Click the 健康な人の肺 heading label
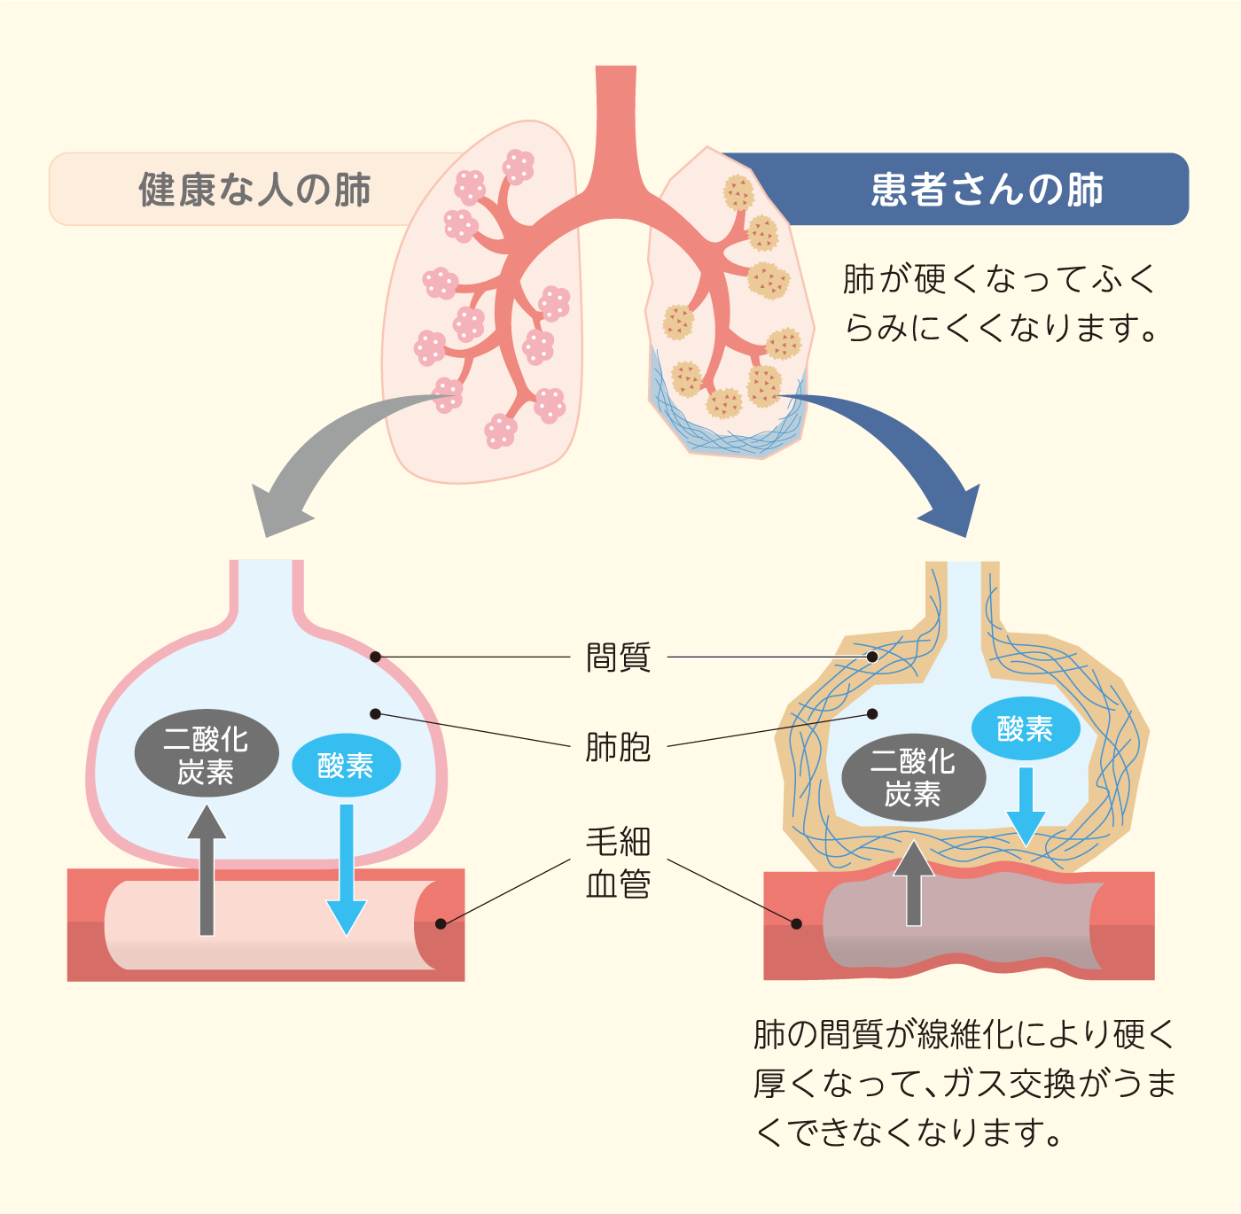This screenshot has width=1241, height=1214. [254, 190]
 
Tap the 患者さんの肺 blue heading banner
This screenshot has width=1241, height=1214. [986, 190]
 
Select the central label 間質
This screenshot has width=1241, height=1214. [618, 658]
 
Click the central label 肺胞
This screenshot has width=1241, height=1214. [618, 747]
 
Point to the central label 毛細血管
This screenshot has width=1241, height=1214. [618, 862]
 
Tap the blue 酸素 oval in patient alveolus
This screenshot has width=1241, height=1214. [1026, 729]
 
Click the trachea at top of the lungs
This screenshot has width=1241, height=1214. [615, 124]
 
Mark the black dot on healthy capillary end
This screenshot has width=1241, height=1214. [441, 923]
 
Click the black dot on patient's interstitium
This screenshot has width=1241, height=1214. [872, 657]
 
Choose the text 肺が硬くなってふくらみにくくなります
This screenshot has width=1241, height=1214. [1000, 303]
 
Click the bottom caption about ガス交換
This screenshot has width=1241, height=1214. [964, 1083]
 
